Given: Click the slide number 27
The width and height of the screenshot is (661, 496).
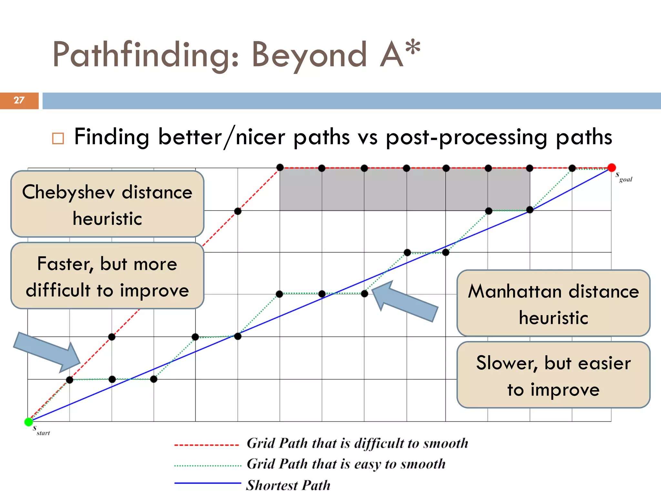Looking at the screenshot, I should coord(19,100).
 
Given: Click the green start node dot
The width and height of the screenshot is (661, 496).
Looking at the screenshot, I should coord(29,422).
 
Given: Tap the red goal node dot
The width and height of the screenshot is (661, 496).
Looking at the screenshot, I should coord(611,167).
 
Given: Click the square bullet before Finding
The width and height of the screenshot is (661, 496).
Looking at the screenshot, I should coord(58,139).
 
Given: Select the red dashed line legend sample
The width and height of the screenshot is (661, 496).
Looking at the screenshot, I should coord(207,445).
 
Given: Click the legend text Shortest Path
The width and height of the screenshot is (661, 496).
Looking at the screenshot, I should coord(288,485).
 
